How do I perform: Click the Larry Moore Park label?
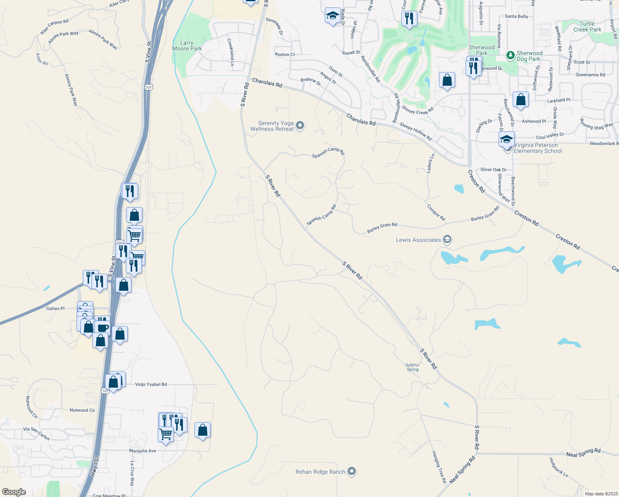click(187, 46)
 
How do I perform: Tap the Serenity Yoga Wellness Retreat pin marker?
click(300, 125)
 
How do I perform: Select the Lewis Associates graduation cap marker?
click(447, 239)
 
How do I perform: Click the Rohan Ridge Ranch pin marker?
click(352, 471)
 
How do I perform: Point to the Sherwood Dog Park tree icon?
click(511, 55)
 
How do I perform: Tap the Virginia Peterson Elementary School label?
click(537, 148)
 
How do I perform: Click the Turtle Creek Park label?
click(587, 27)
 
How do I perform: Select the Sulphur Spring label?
click(413, 367)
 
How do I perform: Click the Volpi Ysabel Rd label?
click(151, 384)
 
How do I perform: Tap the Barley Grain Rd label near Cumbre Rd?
click(485, 214)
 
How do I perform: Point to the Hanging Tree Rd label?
click(439, 467)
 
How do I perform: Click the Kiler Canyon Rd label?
click(55, 27)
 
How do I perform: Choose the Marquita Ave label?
click(143, 451)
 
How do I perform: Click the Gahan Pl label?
click(55, 309)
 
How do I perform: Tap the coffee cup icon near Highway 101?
click(103, 328)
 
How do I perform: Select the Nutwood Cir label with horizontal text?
click(82, 410)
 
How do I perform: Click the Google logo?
click(14, 492)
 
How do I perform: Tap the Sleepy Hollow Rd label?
click(415, 132)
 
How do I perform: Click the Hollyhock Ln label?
click(559, 467)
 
